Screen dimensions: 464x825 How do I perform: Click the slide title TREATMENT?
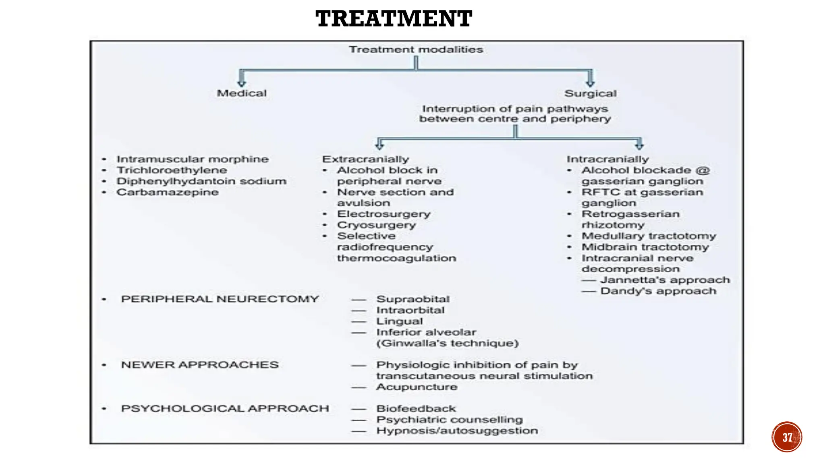coord(394,19)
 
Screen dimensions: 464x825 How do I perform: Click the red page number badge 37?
coord(787,437)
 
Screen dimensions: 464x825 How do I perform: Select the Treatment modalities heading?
coord(416,50)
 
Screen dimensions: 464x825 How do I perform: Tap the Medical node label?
coord(242,93)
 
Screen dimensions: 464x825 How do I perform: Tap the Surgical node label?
coord(590,93)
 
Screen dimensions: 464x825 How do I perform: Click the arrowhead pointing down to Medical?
coord(242,83)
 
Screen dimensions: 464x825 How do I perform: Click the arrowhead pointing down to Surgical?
coord(590,83)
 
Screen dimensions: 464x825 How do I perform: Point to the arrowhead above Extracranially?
coord(379,146)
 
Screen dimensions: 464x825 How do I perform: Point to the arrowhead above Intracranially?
coord(639,146)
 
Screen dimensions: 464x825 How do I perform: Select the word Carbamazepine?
coord(168,192)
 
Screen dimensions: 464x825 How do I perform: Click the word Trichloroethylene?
coord(172,170)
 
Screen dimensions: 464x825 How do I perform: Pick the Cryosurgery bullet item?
coord(376,225)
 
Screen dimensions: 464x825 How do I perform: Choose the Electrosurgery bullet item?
coord(383,214)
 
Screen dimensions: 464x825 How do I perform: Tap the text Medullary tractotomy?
coord(649,236)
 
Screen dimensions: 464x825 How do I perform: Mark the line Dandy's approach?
coord(658,291)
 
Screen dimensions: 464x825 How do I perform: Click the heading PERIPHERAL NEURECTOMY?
coord(220,299)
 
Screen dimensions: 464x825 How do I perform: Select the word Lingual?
coord(399,321)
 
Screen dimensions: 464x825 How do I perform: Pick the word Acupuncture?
coord(417,387)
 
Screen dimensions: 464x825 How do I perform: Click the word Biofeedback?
coord(416,408)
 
